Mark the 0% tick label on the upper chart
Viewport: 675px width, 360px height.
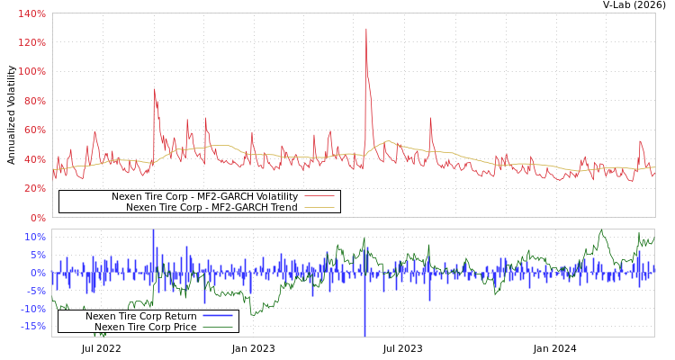(x=37, y=218)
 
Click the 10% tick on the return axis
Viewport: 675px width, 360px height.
(x=34, y=238)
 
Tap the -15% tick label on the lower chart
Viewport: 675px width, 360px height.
(x=32, y=327)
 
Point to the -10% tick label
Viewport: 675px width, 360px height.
(x=32, y=309)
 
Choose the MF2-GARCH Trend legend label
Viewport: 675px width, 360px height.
(x=211, y=207)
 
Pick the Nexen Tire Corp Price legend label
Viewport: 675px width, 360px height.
(x=146, y=327)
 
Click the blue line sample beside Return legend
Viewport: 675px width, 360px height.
(x=218, y=316)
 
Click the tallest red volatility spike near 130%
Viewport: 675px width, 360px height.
(x=365, y=30)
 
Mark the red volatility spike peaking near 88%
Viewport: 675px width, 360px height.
(x=154, y=89)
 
